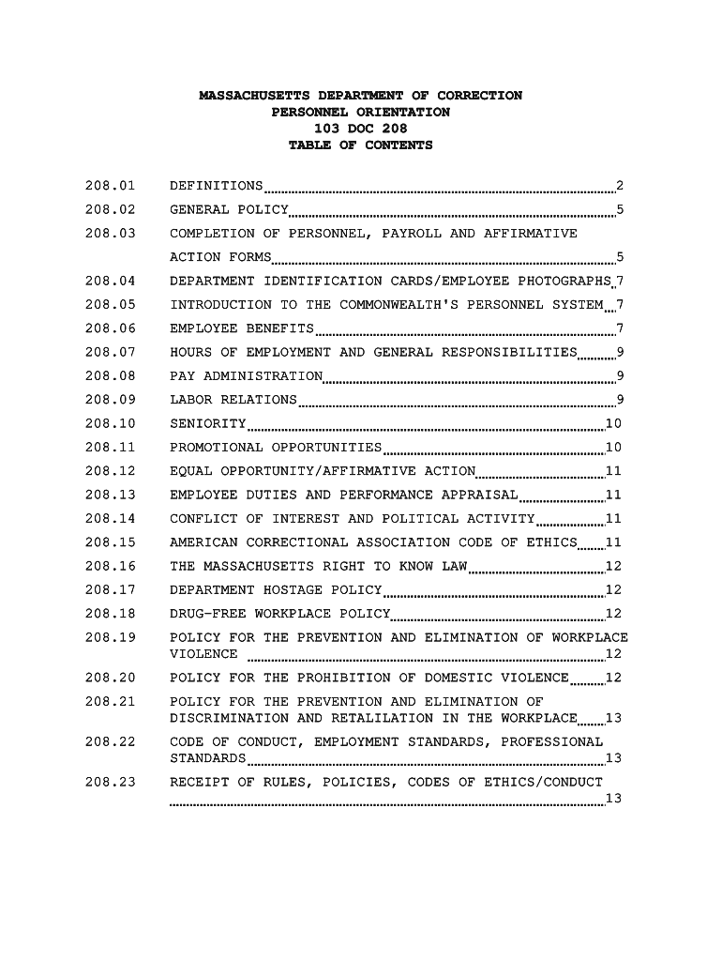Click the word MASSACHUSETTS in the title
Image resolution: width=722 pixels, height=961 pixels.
coord(254,96)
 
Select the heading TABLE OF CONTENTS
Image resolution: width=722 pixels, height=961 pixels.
coord(360,145)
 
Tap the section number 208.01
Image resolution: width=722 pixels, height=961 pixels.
coord(110,186)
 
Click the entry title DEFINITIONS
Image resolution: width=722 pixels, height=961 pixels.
coord(216,186)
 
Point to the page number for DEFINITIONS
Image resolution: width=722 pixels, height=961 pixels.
coord(619,186)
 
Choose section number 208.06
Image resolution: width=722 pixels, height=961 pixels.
coord(110,328)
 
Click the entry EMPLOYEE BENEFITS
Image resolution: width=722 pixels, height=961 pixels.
coord(242,328)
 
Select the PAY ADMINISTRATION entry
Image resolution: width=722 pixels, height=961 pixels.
coord(246,376)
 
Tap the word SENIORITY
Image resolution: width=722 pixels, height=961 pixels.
coord(207,424)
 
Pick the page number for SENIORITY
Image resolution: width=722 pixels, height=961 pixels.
coord(614,424)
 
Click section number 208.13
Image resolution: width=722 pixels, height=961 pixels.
coord(110,496)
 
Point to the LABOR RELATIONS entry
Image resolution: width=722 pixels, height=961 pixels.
coord(233,401)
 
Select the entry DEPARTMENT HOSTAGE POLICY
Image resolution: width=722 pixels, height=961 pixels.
coord(276,590)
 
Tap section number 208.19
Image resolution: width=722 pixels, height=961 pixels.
coord(110,638)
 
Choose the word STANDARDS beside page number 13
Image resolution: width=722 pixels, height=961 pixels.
coord(207,758)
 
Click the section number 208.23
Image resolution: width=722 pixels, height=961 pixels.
coord(110,782)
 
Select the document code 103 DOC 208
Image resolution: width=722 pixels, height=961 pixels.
coord(360,129)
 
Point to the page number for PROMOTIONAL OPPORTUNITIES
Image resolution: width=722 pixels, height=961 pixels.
coord(614,448)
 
